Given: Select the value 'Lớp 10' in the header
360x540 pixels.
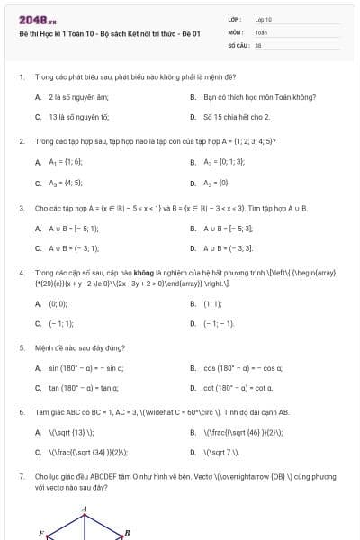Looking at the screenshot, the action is (x=264, y=18).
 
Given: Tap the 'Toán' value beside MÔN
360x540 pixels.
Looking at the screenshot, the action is (x=261, y=31).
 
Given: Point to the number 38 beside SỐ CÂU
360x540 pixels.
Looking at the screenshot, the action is (x=258, y=43).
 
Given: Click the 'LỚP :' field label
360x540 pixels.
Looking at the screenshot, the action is (x=235, y=18).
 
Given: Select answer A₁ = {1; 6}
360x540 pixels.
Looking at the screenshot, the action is (x=66, y=162).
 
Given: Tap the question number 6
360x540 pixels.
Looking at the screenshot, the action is (x=21, y=412).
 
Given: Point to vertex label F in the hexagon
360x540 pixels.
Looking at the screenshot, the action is (x=41, y=534).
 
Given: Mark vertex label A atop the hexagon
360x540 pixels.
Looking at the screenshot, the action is (x=85, y=509).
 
